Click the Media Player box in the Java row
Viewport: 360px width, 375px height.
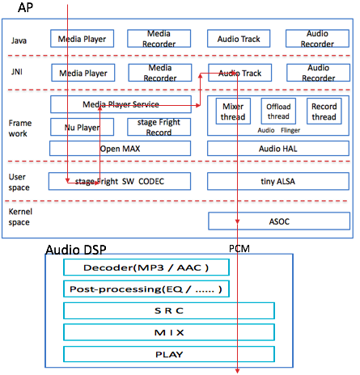pos(82,39)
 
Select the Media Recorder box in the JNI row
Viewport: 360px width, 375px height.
pos(160,73)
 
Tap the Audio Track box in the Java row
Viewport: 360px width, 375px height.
pos(239,39)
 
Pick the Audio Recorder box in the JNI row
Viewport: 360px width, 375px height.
pos(318,73)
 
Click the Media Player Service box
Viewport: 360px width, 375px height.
pos(121,104)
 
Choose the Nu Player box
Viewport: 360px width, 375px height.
pos(82,127)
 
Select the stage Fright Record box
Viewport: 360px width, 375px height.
pos(159,127)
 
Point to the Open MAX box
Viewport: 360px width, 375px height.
pos(120,149)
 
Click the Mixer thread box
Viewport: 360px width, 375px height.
pos(233,112)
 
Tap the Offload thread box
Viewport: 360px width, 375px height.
pos(278,112)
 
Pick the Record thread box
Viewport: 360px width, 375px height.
pos(324,112)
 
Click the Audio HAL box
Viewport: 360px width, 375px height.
pos(278,149)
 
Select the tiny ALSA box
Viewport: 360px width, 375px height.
pos(278,181)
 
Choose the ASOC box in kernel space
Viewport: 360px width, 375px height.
pos(279,221)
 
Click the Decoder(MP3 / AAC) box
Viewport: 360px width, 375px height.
pos(146,268)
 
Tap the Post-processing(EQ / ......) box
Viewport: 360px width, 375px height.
pos(146,289)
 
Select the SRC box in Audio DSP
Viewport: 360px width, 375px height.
pos(169,310)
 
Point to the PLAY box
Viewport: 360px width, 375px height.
pos(169,354)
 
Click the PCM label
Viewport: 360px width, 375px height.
pos(239,248)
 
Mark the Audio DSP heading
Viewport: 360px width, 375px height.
pos(76,250)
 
